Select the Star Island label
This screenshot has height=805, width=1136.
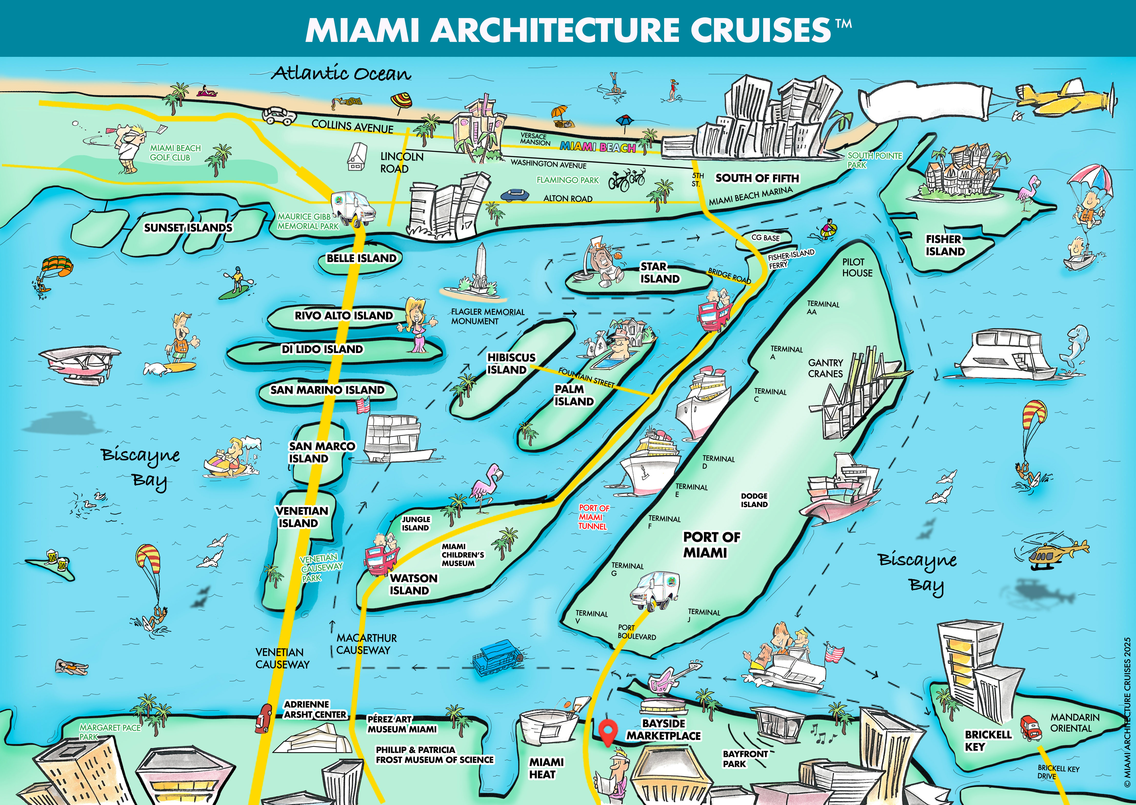point(659,273)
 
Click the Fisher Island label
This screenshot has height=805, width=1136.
point(945,245)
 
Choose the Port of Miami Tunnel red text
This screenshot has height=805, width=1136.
point(593,517)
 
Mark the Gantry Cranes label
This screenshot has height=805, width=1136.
point(825,368)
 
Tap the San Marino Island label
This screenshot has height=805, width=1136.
point(327,390)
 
